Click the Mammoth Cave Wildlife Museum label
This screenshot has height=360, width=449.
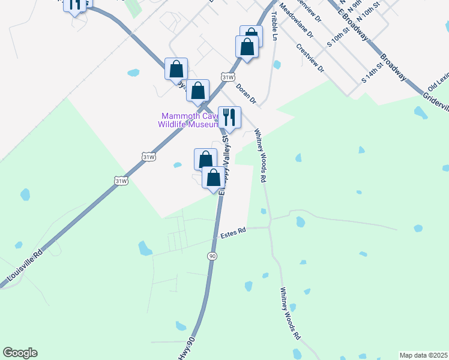[187, 120]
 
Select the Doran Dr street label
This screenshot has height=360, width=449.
[246, 94]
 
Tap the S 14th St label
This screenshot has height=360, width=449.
[372, 72]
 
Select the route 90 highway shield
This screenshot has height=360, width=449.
[212, 256]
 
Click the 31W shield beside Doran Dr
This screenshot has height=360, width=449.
[227, 77]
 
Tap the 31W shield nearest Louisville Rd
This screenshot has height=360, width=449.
[121, 180]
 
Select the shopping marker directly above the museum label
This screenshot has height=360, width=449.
[197, 91]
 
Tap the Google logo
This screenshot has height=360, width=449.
[20, 353]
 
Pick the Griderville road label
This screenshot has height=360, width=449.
[435, 103]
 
